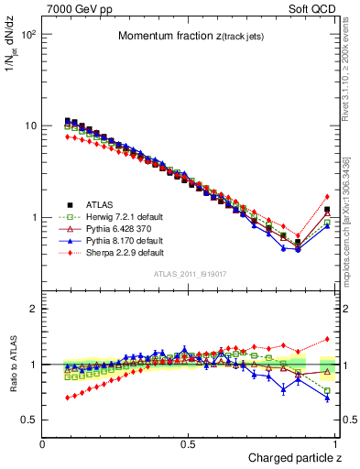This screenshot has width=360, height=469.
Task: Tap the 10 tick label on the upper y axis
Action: click(31, 125)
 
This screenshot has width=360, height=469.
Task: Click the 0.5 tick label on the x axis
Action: click(188, 443)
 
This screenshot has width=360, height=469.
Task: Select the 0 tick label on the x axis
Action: click(43, 443)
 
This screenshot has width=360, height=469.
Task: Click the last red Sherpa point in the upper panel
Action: click(327, 196)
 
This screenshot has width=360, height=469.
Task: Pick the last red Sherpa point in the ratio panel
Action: click(327, 338)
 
